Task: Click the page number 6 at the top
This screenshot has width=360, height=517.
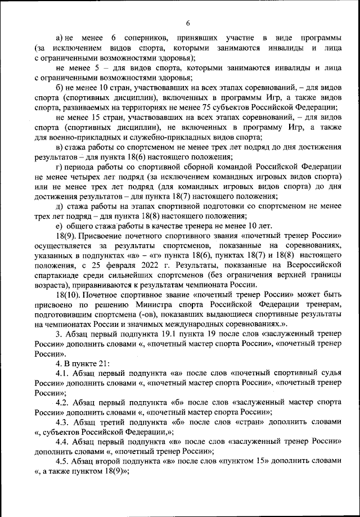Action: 187,23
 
